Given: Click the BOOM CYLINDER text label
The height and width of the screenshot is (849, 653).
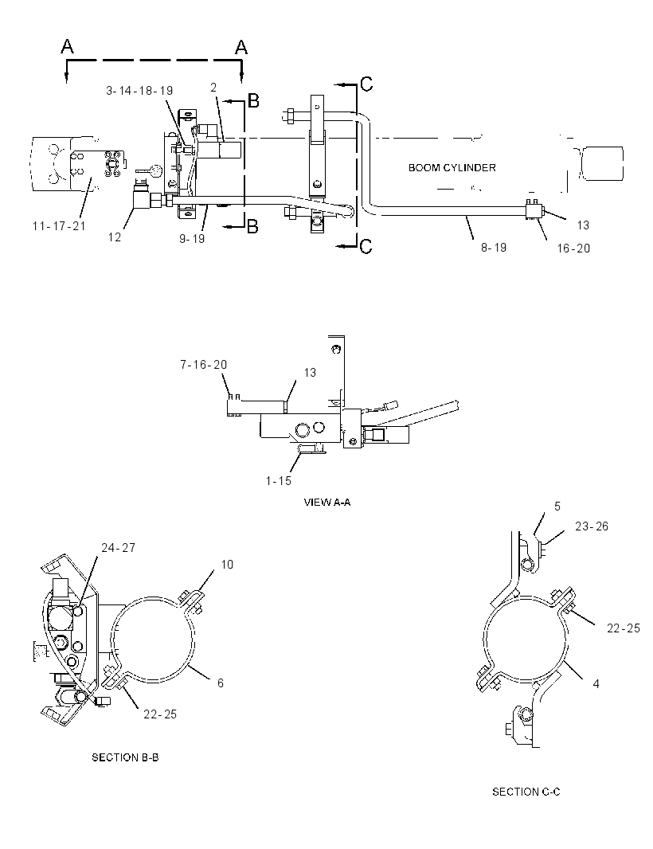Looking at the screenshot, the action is (x=452, y=168).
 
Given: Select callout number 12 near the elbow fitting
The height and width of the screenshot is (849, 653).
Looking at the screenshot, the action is (x=114, y=237).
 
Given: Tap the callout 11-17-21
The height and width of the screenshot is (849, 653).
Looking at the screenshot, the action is (x=59, y=225).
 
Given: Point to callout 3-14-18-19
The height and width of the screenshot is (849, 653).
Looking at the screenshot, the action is (x=139, y=91).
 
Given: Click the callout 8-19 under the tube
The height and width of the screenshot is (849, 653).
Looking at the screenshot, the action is (x=494, y=248).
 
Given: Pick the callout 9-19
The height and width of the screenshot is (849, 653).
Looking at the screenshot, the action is (x=192, y=238).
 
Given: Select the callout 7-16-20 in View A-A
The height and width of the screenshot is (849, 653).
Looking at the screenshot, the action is (x=204, y=365).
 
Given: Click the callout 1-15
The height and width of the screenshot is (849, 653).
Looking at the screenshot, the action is (x=278, y=480).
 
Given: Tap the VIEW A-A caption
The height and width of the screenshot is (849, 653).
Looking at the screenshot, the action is (x=327, y=503).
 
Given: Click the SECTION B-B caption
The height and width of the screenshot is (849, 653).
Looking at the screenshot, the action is (x=125, y=757).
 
